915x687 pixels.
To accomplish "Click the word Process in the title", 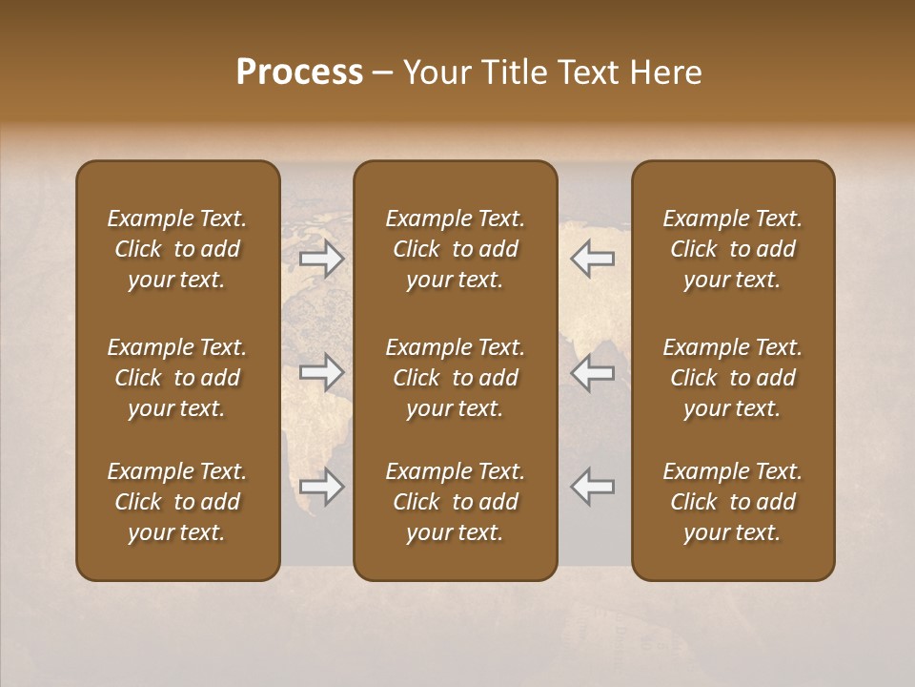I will (299, 73).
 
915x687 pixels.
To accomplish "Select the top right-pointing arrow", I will (322, 259).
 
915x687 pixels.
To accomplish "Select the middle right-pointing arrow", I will (322, 372).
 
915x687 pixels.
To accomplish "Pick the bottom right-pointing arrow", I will (322, 487).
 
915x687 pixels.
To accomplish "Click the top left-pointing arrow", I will (593, 259).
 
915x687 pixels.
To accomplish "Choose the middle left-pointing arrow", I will (593, 372).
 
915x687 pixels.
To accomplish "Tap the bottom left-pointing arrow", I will (593, 487).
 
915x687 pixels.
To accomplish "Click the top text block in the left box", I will (177, 249).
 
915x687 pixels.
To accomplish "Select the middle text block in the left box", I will (177, 378).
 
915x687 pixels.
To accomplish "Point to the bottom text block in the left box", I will (177, 502).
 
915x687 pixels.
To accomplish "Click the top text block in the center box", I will (455, 249).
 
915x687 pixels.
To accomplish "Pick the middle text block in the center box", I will (455, 378).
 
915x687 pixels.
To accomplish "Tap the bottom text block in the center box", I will (455, 502).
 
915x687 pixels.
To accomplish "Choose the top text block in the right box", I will (733, 249).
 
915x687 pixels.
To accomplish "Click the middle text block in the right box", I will (733, 378).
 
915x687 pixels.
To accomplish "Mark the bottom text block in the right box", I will (733, 502).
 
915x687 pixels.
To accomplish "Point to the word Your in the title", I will (434, 73).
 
